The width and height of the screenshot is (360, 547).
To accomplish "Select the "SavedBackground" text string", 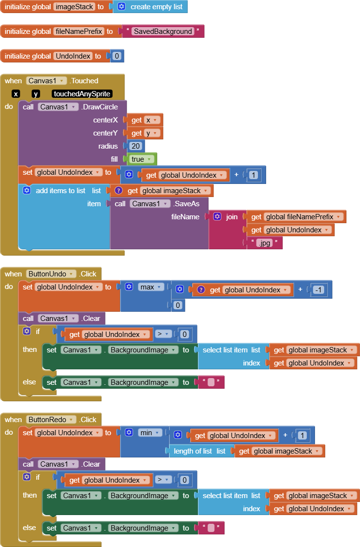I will point(163,31).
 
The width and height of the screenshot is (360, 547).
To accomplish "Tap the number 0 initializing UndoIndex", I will point(116,56).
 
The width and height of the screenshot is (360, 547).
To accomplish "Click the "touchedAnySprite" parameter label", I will point(82,94).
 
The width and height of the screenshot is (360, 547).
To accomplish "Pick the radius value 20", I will point(136,146).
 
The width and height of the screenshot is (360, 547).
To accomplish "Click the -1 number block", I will point(317,289).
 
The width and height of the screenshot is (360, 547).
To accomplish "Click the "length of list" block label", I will point(193,451).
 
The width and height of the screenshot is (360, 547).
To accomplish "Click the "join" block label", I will point(232,217).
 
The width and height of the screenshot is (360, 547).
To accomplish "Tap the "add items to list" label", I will point(60,191).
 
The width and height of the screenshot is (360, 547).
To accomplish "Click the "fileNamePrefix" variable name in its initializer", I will point(79,31).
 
